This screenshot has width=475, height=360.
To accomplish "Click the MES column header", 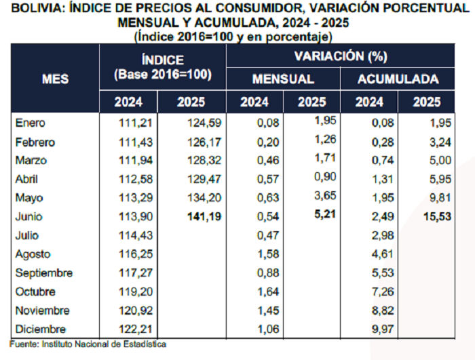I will [55, 79].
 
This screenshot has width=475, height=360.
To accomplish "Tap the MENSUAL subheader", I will [283, 79].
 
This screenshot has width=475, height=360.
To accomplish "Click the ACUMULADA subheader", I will [398, 79].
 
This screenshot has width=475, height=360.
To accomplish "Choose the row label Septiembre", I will [45, 273].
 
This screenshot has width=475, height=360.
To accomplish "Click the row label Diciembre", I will [41, 329].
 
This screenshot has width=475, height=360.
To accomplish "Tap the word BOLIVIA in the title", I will [35, 9].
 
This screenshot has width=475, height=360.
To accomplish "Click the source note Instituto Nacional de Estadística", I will [102, 344].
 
